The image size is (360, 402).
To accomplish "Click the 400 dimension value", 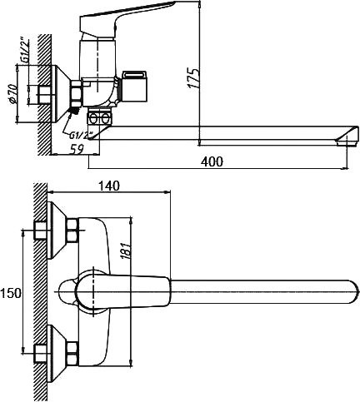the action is tap(212, 161).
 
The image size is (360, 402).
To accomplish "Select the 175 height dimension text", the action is tap(194, 77).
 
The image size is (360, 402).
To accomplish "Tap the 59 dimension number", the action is tap(76, 149).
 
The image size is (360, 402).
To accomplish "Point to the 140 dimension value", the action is tap(108, 186).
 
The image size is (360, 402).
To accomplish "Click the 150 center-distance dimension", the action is tap(11, 293).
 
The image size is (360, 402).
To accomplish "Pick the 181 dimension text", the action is tap(126, 251).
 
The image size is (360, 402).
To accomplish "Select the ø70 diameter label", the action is tap(13, 93).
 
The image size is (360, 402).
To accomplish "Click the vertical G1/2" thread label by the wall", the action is tap(25, 51).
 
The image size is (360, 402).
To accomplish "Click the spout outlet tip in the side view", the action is tap(347, 142).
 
